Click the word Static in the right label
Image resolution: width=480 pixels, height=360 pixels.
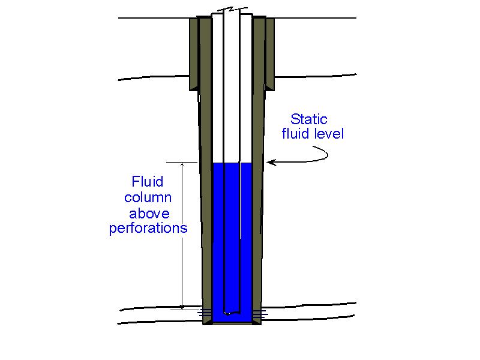[309, 119]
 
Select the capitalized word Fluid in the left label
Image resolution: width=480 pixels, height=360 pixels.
[147, 182]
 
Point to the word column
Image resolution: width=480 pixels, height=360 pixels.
[148, 197]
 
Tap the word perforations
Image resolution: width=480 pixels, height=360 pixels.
[148, 229]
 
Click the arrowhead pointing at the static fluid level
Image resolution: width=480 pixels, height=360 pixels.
[271, 161]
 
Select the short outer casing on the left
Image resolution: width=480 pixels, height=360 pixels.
[193, 54]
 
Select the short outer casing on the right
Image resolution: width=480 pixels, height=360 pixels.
[270, 54]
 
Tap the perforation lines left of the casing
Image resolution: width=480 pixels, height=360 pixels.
[204, 312]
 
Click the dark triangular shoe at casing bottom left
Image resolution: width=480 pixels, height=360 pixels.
[208, 320]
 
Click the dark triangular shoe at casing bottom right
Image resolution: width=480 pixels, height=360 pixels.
[257, 320]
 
